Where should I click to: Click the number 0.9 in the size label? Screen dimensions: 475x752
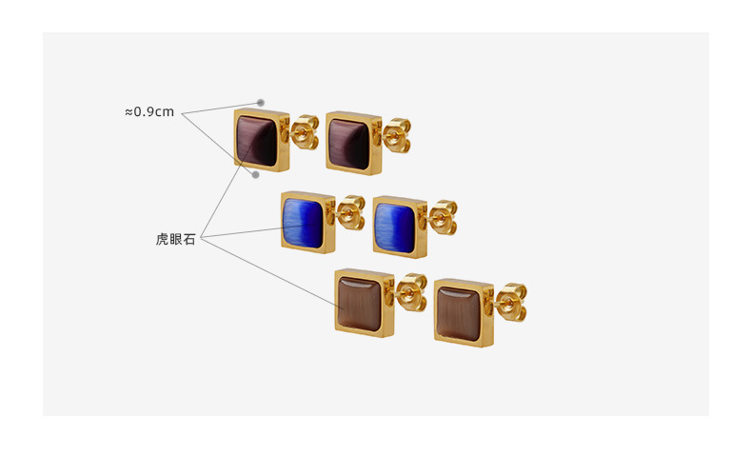(146, 111)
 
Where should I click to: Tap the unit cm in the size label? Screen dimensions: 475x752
(166, 111)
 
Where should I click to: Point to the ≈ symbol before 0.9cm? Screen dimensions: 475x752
(129, 111)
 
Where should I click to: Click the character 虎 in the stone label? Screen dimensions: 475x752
(162, 240)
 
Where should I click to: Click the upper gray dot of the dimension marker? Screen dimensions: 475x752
(260, 103)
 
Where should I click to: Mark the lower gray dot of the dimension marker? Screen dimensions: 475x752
(255, 174)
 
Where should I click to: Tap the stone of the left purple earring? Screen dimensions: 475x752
(257, 140)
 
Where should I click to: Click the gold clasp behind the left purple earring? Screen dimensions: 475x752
(305, 133)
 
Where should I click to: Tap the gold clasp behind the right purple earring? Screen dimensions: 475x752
(396, 136)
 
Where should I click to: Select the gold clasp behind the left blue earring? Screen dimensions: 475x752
(351, 213)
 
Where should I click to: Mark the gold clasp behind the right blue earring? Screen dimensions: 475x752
(442, 218)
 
